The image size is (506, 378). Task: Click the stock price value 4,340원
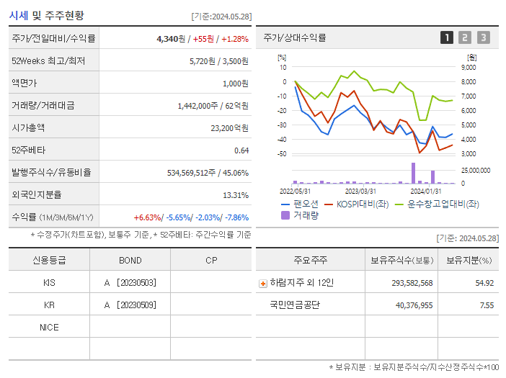click(x=172, y=39)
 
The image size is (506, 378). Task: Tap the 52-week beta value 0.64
click(x=241, y=150)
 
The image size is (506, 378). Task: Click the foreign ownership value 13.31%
click(x=236, y=194)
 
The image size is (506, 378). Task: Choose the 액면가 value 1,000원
click(x=235, y=84)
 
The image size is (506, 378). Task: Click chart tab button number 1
click(x=447, y=37)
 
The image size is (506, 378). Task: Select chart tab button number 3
click(x=483, y=37)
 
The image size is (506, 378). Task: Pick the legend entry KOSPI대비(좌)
click(x=357, y=204)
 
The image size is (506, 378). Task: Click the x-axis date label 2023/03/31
click(x=360, y=191)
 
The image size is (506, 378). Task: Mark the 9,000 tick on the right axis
click(x=468, y=67)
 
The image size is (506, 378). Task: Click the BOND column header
click(x=130, y=260)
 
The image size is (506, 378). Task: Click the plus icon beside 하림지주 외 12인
click(x=262, y=283)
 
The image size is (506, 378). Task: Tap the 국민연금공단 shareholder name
click(x=294, y=305)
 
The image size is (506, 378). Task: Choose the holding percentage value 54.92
click(x=484, y=283)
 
